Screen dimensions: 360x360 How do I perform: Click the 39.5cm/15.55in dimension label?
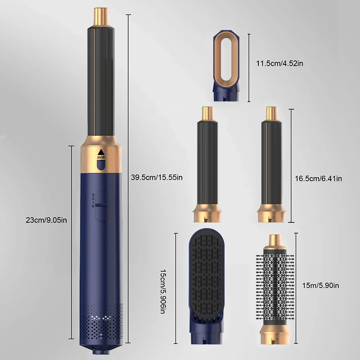[x=156, y=177]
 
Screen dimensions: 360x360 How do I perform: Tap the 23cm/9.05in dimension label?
[x=46, y=220]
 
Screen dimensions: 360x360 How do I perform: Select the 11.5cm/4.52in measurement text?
[x=279, y=63]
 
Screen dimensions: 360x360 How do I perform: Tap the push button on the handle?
[x=101, y=162]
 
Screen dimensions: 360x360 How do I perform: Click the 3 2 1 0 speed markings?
[x=93, y=200]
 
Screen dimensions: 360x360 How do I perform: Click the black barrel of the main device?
[x=101, y=81]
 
